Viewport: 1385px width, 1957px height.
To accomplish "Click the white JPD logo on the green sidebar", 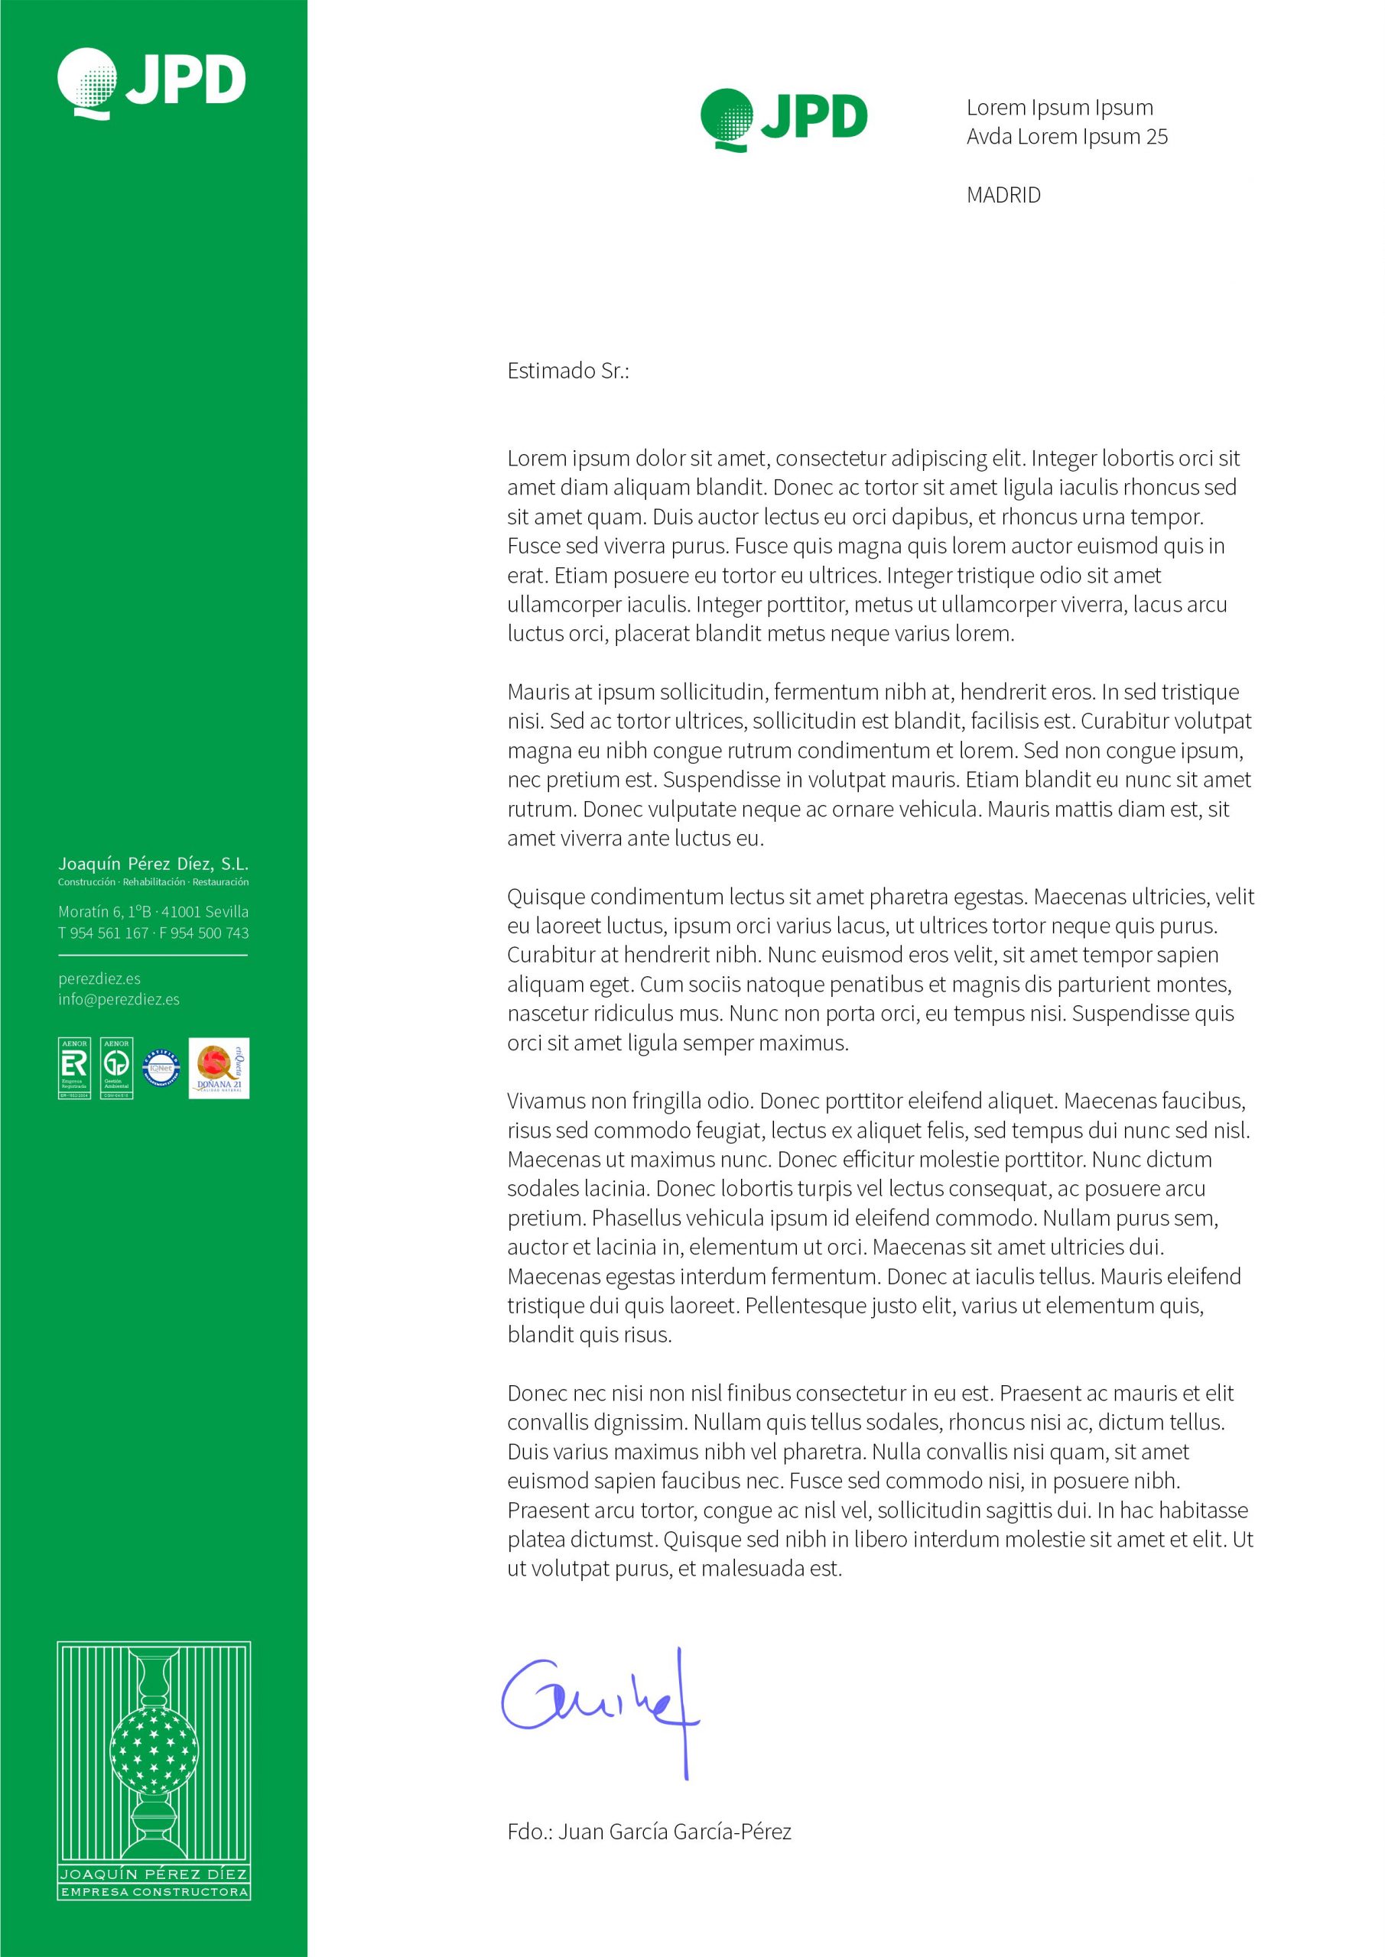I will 151,82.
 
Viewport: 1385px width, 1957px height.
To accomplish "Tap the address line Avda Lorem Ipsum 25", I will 1066,136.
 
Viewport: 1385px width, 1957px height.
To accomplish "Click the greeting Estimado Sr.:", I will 568,371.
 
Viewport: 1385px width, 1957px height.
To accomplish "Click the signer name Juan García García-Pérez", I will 675,1832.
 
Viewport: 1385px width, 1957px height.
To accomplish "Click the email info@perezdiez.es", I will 119,999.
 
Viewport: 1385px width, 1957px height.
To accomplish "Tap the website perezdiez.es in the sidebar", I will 99,978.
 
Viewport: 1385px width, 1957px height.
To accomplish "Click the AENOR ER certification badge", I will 74,1068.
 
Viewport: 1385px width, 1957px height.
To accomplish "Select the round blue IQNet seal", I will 160,1068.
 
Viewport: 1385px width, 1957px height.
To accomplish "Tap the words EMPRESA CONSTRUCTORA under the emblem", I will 154,1892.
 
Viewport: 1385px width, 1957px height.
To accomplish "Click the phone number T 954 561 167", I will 103,933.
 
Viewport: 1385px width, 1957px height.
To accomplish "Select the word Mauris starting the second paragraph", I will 539,692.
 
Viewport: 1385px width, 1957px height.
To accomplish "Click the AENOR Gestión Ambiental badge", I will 117,1068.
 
